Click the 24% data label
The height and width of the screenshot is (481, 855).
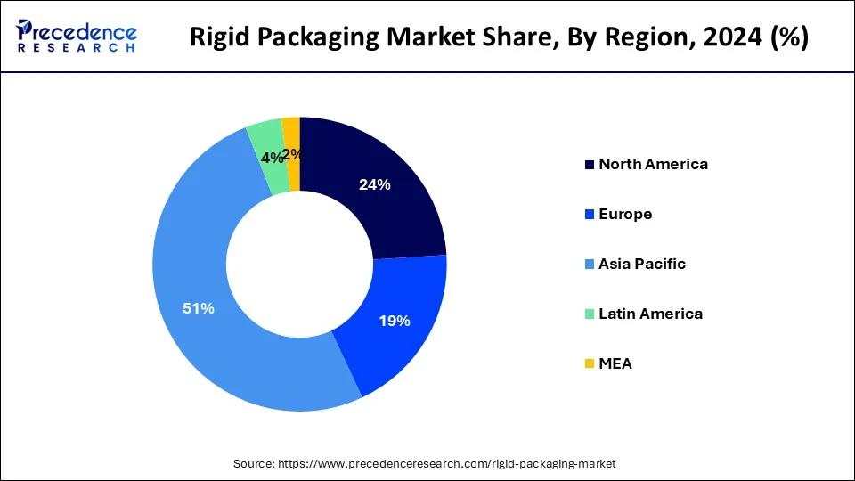point(375,185)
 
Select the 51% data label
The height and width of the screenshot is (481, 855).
point(198,308)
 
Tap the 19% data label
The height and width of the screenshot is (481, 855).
point(394,321)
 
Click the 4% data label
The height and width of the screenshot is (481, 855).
point(272,158)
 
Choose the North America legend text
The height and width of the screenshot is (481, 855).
point(653,164)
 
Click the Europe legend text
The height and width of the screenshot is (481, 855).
point(625,214)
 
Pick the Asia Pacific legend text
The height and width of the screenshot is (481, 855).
point(642,264)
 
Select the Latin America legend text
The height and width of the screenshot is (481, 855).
point(650,314)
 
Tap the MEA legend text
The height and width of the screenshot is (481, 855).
point(615,363)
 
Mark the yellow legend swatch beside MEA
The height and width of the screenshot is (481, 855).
point(589,363)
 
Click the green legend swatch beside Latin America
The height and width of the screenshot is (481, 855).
point(589,314)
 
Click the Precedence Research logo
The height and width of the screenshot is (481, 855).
point(77,37)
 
